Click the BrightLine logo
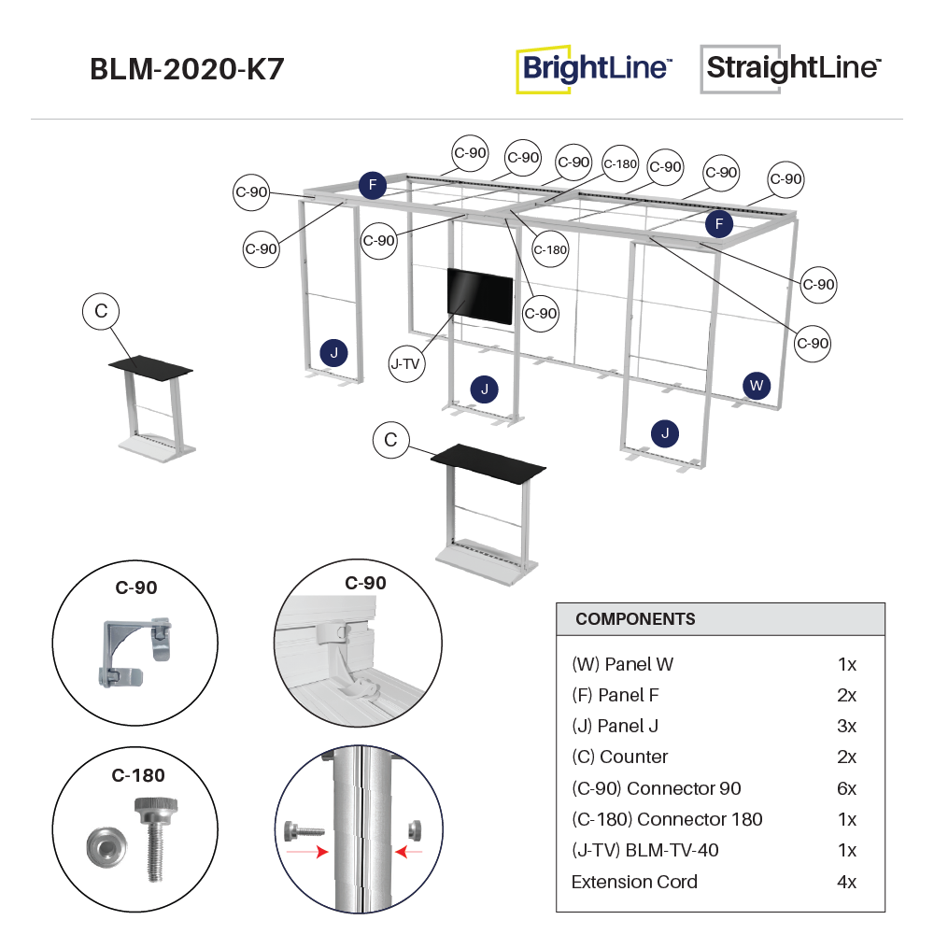point(594,68)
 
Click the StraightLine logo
point(790,68)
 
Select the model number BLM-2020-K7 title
point(187,70)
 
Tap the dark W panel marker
point(757,385)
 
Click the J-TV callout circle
point(405,363)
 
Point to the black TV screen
point(480,296)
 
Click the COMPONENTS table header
point(635,619)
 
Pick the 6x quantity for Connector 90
point(846,788)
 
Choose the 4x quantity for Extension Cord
point(846,882)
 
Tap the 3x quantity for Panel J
point(846,726)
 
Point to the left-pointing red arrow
point(408,852)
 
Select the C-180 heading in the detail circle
point(138,775)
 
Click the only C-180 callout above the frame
point(620,164)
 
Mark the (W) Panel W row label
point(622,664)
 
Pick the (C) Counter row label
point(620,757)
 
